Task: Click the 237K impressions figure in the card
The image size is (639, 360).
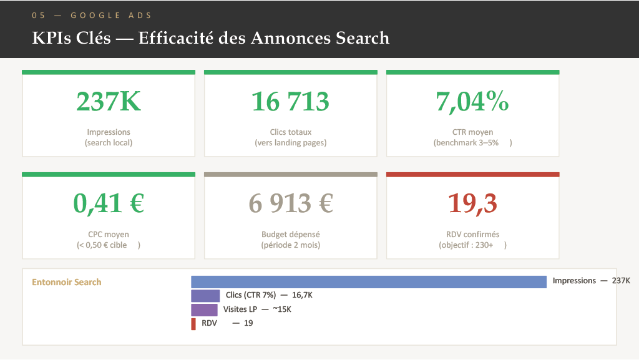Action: tap(109, 102)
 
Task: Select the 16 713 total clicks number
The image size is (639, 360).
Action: tap(290, 102)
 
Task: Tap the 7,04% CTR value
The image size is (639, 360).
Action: tap(472, 102)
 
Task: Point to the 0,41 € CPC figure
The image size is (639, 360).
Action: tap(109, 203)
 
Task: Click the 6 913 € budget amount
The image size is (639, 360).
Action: tap(291, 203)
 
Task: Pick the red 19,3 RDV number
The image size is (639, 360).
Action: tap(472, 203)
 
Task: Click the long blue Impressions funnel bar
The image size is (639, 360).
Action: tap(369, 282)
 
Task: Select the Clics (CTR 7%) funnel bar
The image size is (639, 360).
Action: tap(205, 296)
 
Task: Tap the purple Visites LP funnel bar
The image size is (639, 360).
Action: tap(204, 310)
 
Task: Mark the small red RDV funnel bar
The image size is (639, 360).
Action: tap(193, 324)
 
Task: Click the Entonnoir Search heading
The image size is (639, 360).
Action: tap(66, 282)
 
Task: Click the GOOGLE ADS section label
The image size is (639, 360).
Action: tap(111, 16)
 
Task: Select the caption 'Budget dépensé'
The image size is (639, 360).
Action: tap(291, 234)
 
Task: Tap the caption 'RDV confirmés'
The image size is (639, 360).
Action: tap(473, 234)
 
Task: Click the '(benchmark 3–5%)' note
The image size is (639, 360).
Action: tap(473, 142)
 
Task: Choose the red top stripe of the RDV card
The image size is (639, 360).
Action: tap(473, 175)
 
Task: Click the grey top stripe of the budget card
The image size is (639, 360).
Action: tap(291, 175)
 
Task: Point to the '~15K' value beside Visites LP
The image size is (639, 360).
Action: tap(282, 309)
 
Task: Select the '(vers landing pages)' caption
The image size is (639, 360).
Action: tap(291, 142)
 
